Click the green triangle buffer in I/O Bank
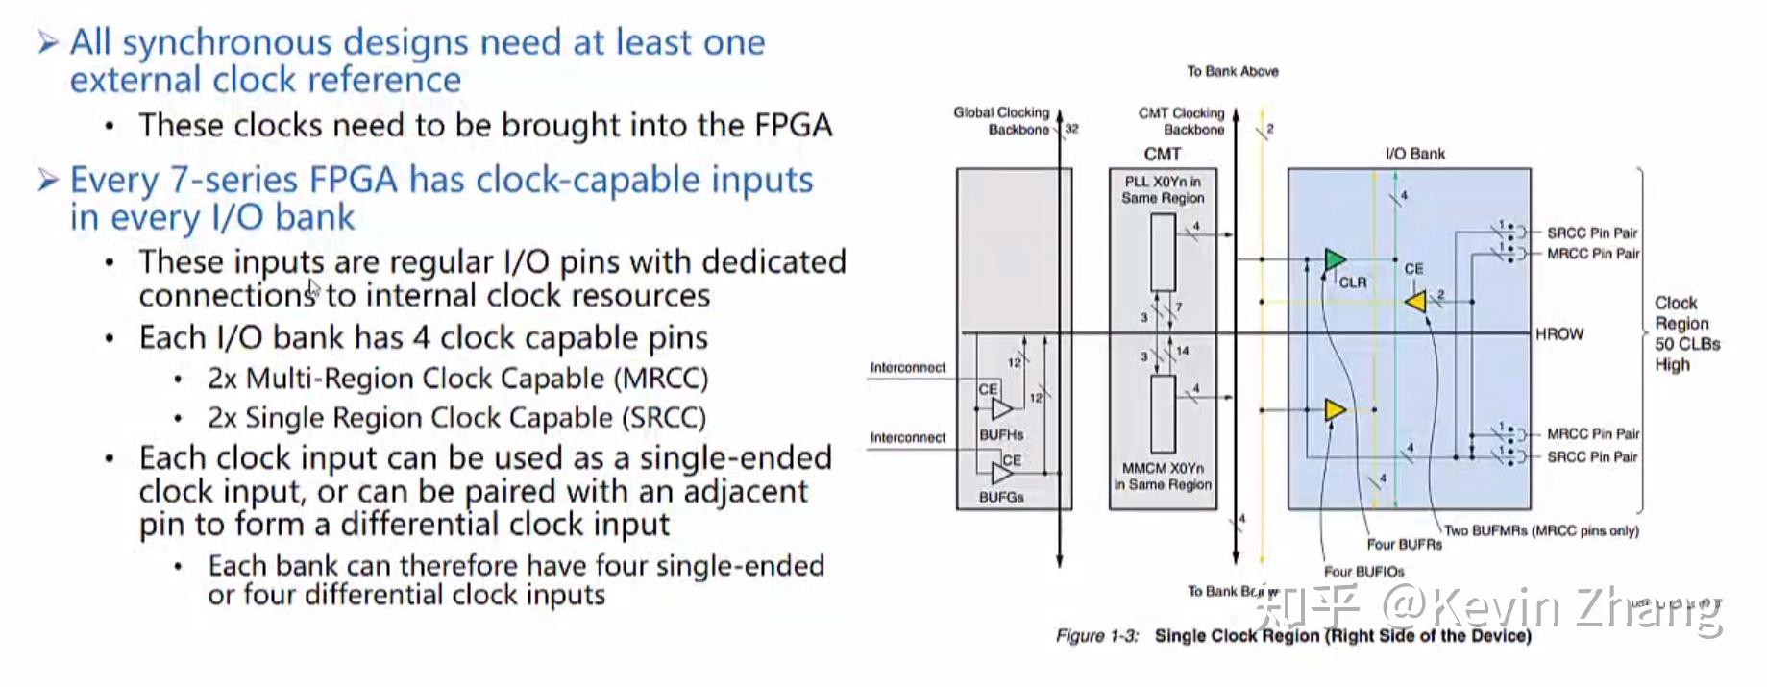pos(1334,259)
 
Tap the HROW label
pos(1558,334)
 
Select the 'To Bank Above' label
pos(1232,71)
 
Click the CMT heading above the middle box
pos(1162,154)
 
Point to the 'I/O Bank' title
pos(1414,154)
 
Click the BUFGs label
pos(1001,497)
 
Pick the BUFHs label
pos(1001,434)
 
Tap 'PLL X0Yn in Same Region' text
pos(1163,189)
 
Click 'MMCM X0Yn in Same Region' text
pos(1163,477)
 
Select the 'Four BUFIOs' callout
pos(1363,572)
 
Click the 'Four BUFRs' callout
pos(1404,545)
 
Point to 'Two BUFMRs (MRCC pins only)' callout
pos(1541,530)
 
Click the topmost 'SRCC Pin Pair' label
pos(1591,233)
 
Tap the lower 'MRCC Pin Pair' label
pos(1592,434)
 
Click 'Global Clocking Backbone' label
pos(1001,121)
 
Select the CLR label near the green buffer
pos(1352,282)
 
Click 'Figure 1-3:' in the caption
pos(1096,636)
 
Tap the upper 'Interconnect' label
pos(907,368)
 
